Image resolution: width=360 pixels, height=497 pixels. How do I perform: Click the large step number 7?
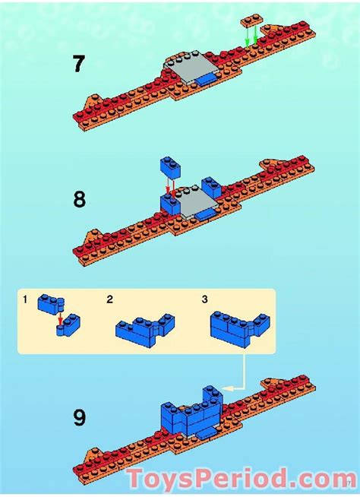(x=79, y=63)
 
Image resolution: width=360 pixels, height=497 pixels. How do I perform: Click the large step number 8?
(x=79, y=200)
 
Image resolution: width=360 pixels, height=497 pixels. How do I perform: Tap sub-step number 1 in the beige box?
(x=25, y=299)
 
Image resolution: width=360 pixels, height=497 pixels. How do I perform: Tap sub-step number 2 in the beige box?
(x=109, y=299)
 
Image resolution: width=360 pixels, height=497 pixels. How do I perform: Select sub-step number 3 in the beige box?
(x=205, y=299)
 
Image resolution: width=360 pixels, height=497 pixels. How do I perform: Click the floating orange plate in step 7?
(x=252, y=21)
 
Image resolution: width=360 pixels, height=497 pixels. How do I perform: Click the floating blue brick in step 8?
(x=170, y=168)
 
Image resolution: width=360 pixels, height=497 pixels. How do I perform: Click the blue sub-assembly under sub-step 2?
(x=145, y=330)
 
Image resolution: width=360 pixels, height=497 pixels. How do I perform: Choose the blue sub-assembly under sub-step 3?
(x=240, y=329)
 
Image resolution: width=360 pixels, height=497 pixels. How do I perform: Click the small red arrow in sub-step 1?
(x=61, y=318)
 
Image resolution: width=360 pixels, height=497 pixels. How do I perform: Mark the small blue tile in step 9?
(x=207, y=432)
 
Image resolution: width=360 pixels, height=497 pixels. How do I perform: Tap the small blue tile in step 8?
(x=205, y=214)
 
